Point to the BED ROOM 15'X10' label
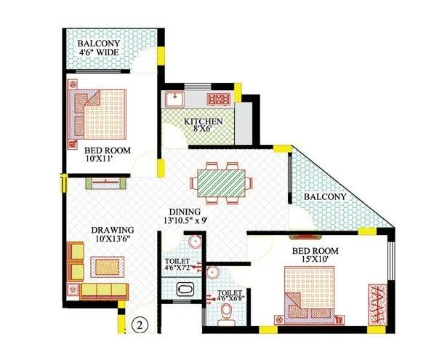click(316, 255)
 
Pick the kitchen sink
click(174, 100)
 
